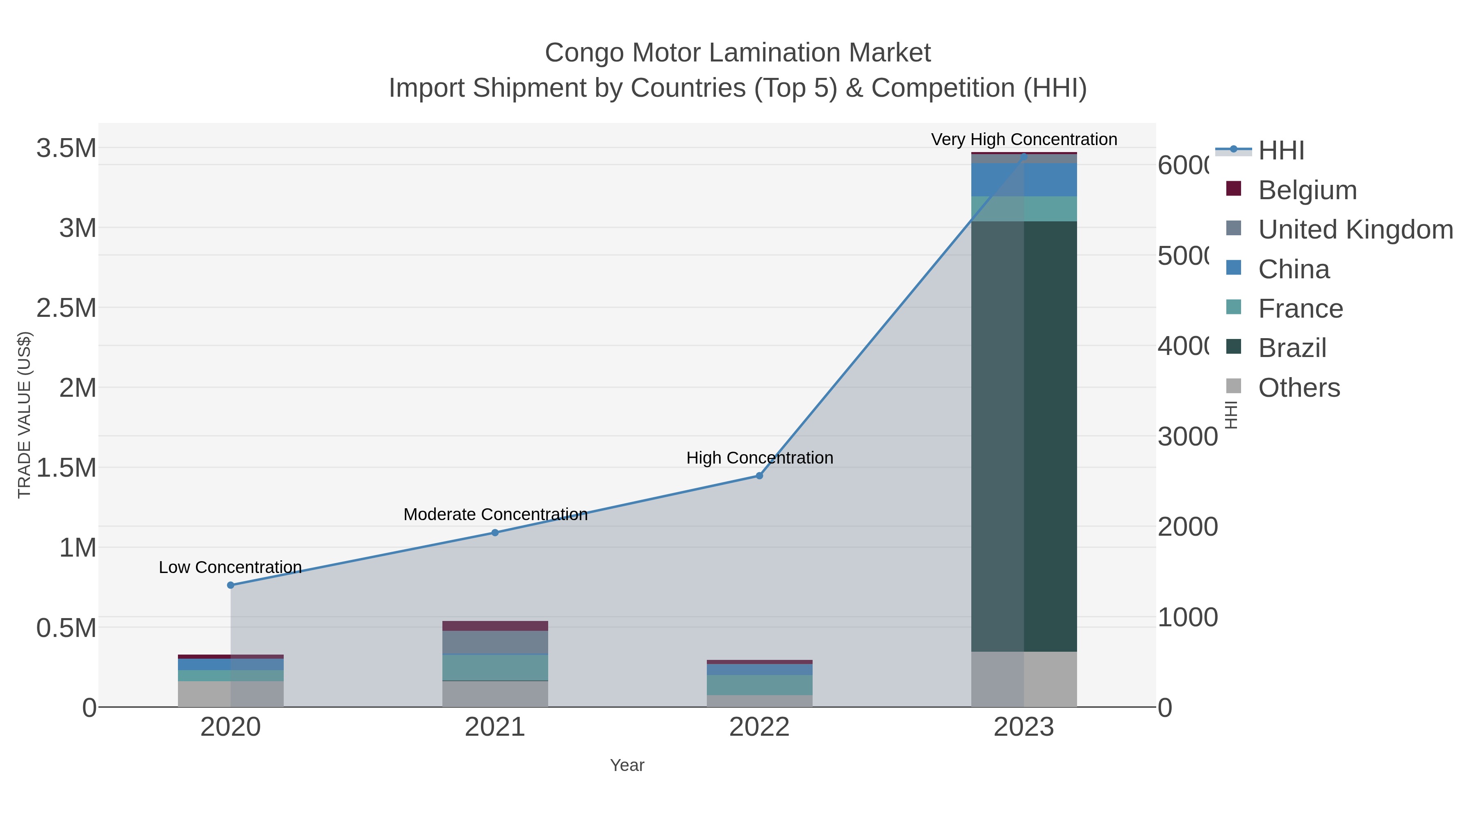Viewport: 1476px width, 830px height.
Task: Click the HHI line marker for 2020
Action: click(230, 585)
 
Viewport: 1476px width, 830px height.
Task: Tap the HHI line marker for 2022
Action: click(759, 475)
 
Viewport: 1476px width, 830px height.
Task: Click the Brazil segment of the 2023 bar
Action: click(1024, 435)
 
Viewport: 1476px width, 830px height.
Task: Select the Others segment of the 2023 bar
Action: click(1024, 679)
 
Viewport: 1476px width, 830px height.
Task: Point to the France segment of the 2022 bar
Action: click(759, 684)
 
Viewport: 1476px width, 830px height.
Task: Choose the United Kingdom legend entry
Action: click(1355, 229)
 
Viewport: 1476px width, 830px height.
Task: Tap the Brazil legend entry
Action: click(1292, 348)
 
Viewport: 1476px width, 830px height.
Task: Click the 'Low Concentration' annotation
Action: click(230, 567)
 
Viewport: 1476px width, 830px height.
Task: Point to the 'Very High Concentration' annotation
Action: click(1024, 139)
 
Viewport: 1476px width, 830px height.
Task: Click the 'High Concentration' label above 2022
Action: click(759, 458)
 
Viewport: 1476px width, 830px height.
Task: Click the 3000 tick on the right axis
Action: click(1187, 437)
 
